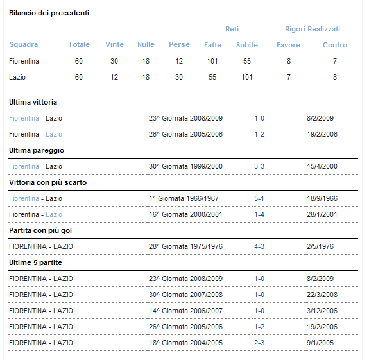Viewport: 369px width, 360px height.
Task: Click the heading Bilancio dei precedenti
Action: click(49, 13)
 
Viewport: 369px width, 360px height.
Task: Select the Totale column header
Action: click(79, 44)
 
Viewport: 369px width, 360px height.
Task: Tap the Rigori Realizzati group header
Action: click(313, 29)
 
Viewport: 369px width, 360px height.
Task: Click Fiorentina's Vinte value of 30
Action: click(114, 61)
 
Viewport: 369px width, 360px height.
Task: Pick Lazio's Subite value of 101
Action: click(247, 77)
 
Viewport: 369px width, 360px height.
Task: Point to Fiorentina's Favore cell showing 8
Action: click(289, 61)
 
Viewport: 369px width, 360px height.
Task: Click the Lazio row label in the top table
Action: click(17, 77)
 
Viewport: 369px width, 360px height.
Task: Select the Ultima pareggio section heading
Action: click(37, 150)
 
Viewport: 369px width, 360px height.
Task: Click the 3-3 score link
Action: click(259, 166)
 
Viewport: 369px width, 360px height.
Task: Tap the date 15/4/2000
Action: click(322, 166)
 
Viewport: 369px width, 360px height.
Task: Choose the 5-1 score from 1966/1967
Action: click(259, 198)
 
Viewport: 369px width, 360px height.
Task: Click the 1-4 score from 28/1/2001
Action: click(259, 214)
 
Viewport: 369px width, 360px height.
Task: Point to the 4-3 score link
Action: click(259, 246)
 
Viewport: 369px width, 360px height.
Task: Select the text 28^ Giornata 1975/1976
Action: click(185, 246)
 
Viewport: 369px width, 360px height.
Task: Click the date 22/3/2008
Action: click(322, 295)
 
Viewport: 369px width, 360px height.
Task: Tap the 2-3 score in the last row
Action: click(259, 343)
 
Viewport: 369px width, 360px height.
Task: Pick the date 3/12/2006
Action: click(322, 311)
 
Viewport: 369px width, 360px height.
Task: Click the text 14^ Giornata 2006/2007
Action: click(185, 311)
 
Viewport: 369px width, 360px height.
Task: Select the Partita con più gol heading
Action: click(40, 230)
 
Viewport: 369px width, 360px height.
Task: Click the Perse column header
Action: click(179, 44)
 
